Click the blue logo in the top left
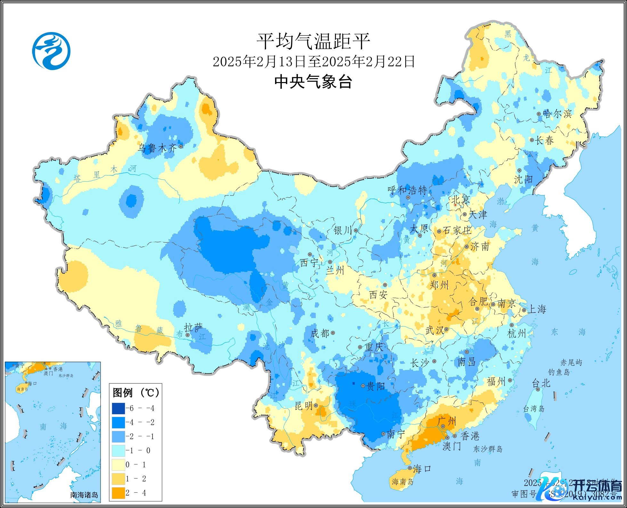pos(51,51)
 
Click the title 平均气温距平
pos(313,41)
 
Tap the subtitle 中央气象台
pos(313,82)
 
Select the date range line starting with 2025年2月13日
pos(314,61)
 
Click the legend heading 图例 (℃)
pos(136,392)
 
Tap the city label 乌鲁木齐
pos(157,148)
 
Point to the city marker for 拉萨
pos(188,335)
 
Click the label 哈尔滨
pos(557,114)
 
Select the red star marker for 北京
pos(455,205)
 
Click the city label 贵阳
pos(376,386)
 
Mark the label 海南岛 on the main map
pos(403,482)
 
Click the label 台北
pos(541,383)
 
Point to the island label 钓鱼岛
pos(559,372)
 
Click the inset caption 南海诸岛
pos(84,495)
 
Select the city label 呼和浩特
pos(407,191)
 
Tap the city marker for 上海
pos(524,310)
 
